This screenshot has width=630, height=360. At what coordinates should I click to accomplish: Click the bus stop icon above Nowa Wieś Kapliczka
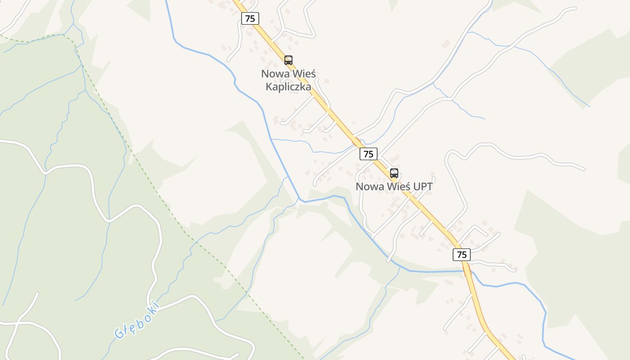pyautogui.click(x=288, y=60)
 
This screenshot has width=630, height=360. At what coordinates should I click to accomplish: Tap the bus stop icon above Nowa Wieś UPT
pyautogui.click(x=394, y=173)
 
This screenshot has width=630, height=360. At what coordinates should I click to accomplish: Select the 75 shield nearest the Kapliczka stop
pyautogui.click(x=250, y=18)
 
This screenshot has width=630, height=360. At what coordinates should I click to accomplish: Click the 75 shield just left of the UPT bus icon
pyautogui.click(x=369, y=154)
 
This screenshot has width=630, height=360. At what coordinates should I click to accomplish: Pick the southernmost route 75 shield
pyautogui.click(x=462, y=255)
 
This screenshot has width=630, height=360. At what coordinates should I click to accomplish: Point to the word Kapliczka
pyautogui.click(x=288, y=87)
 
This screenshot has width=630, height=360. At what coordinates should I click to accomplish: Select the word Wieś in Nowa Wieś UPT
pyautogui.click(x=394, y=186)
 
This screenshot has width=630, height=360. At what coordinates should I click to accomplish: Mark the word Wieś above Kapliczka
pyautogui.click(x=304, y=73)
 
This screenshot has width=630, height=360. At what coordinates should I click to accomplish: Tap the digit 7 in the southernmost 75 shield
pyautogui.click(x=459, y=255)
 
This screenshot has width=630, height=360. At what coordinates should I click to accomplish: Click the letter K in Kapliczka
pyautogui.click(x=269, y=87)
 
